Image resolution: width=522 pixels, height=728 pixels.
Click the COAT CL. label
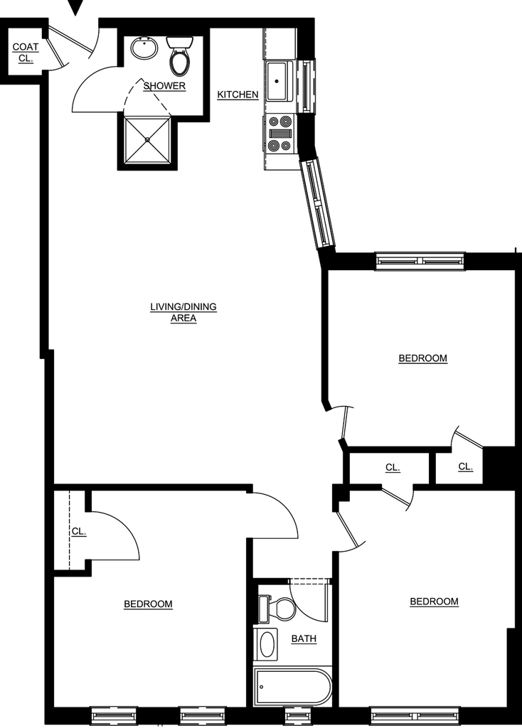tap(26, 53)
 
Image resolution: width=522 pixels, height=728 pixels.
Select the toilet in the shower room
tap(180, 55)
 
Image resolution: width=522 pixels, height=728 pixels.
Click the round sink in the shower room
tap(144, 48)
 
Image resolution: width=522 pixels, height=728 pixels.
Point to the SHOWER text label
tap(164, 86)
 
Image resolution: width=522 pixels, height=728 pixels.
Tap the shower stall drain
tap(148, 139)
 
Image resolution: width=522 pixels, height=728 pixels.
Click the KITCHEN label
tap(238, 95)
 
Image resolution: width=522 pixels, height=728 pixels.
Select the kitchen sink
tap(279, 82)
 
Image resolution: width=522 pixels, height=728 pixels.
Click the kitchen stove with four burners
tap(280, 134)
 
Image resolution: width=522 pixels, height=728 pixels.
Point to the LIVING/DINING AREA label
tap(183, 313)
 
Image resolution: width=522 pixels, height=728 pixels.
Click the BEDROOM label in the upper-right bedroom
tap(423, 358)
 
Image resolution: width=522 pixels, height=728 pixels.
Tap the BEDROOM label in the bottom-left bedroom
tap(148, 604)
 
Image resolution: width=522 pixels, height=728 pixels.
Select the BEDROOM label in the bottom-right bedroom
tap(435, 601)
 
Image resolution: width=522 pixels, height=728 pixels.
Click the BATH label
tap(304, 639)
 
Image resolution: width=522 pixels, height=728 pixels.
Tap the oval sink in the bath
tap(266, 644)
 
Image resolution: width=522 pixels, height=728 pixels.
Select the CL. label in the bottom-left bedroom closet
tap(79, 532)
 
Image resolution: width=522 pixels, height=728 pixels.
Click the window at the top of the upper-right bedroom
tap(420, 262)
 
